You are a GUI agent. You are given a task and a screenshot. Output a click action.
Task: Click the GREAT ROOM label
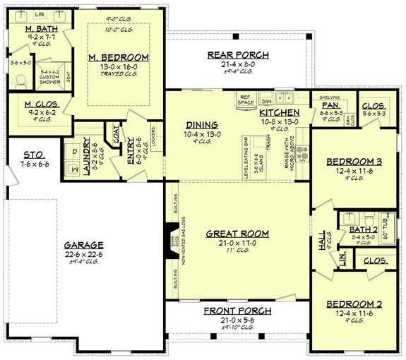[237, 233]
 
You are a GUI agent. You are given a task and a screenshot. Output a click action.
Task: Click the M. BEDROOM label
[118, 57]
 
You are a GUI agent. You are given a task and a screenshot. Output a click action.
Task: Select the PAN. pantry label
[331, 104]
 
